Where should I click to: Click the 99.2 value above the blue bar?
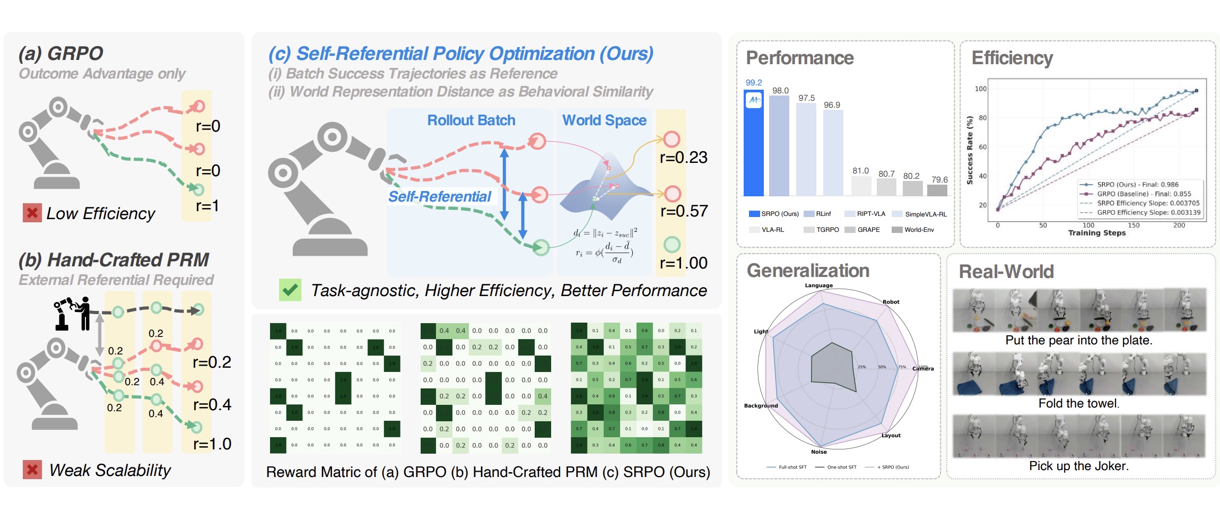coord(753,83)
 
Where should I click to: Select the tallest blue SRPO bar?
coord(753,149)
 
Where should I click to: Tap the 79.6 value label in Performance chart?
coord(939,180)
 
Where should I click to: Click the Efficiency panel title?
coord(1012,58)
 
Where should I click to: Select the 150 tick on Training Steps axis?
coord(1134,225)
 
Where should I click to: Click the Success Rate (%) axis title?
coord(970,150)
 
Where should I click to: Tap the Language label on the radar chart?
coord(818,285)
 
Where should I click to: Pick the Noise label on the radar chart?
coord(818,452)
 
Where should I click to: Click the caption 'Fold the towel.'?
coord(1078,403)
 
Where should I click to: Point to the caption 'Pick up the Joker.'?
coord(1078,466)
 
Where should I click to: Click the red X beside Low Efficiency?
coord(32,213)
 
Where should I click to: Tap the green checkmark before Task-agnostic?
coord(290,290)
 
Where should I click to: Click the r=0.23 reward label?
coord(683,158)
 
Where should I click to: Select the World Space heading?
coord(604,120)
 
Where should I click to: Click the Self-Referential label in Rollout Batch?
coord(439,197)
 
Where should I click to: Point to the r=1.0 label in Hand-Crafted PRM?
coord(212,444)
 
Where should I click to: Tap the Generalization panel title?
coord(807,271)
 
